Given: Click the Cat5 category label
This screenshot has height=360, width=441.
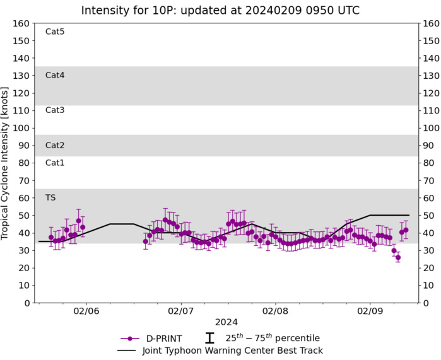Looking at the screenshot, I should pyautogui.click(x=55, y=32).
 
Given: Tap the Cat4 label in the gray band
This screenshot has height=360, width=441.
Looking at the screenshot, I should pyautogui.click(x=55, y=75).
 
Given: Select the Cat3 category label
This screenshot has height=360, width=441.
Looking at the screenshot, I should pyautogui.click(x=55, y=110).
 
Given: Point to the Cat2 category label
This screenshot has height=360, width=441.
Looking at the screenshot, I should pyautogui.click(x=55, y=145).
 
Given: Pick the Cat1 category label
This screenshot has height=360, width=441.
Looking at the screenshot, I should pyautogui.click(x=55, y=163).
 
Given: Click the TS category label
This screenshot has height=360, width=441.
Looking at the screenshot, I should pyautogui.click(x=50, y=198).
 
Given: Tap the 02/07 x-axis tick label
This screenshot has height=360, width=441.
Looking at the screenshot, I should pyautogui.click(x=180, y=311).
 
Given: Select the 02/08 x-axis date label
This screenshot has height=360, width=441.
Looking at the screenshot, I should pyautogui.click(x=275, y=311).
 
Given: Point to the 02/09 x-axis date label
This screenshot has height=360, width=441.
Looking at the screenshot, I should pyautogui.click(x=370, y=311).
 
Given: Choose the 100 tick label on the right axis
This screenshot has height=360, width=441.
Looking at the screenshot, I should pyautogui.click(x=430, y=128).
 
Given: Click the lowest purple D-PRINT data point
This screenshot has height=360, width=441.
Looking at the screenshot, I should pyautogui.click(x=397, y=257).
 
